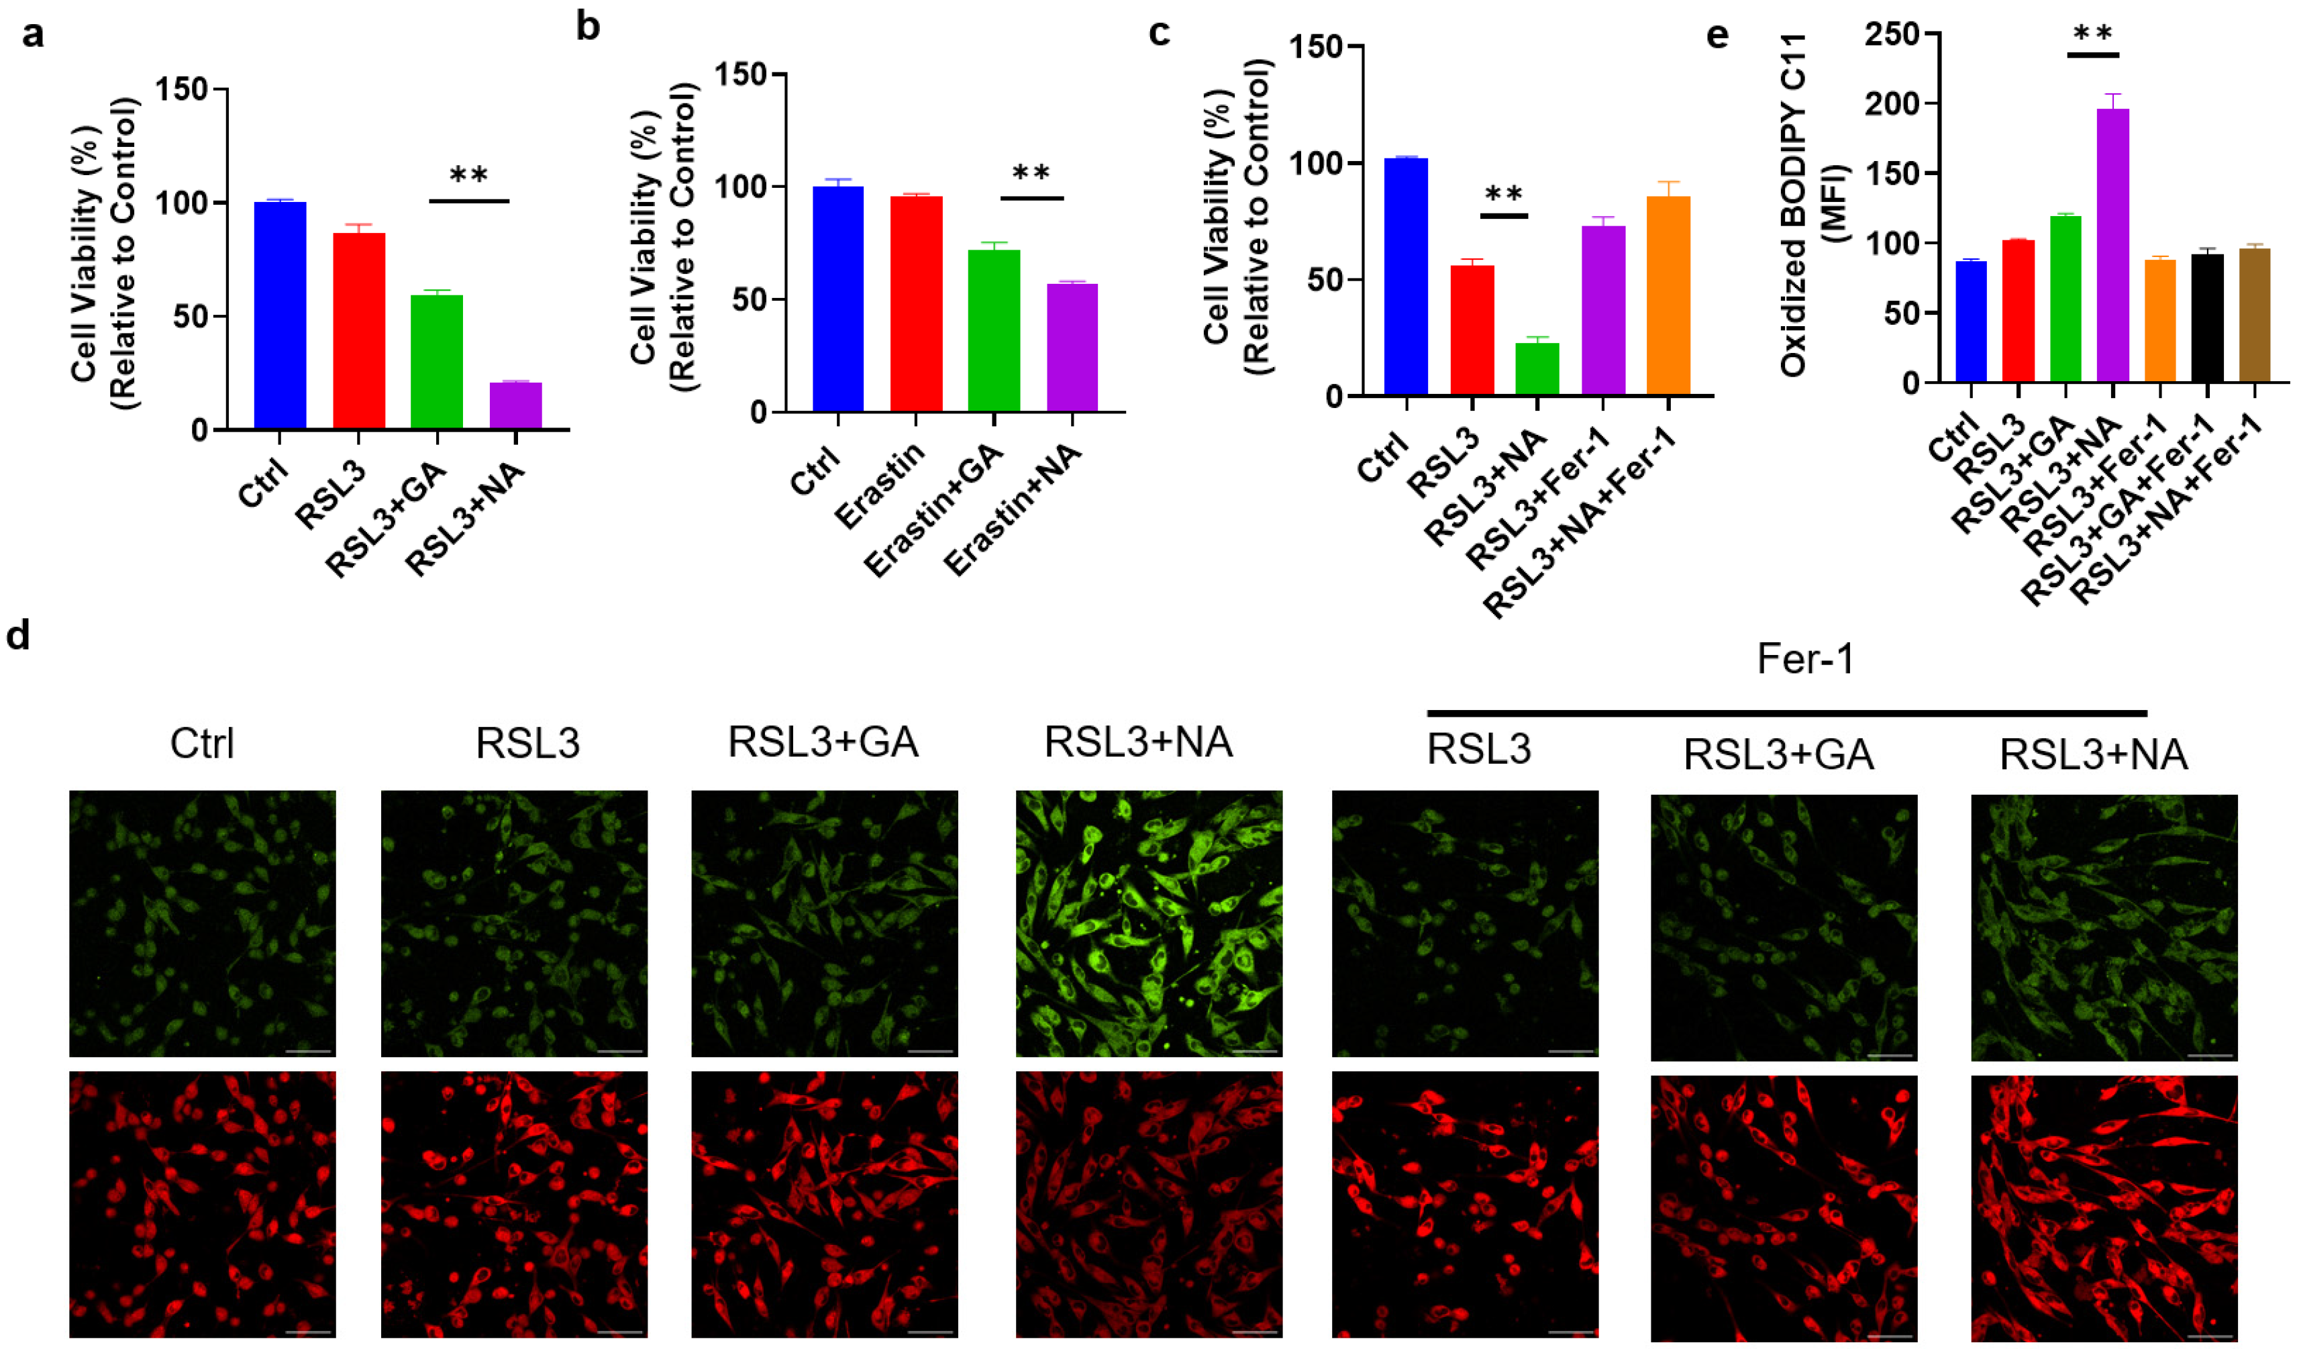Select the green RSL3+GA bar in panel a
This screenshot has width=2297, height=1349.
(437, 361)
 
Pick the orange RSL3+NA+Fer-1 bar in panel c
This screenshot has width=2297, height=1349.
(1668, 295)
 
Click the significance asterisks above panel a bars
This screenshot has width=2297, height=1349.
(468, 175)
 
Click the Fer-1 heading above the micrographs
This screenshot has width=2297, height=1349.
(1805, 659)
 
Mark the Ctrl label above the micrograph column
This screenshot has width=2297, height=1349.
(201, 744)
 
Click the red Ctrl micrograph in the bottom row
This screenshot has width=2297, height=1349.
(203, 1203)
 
